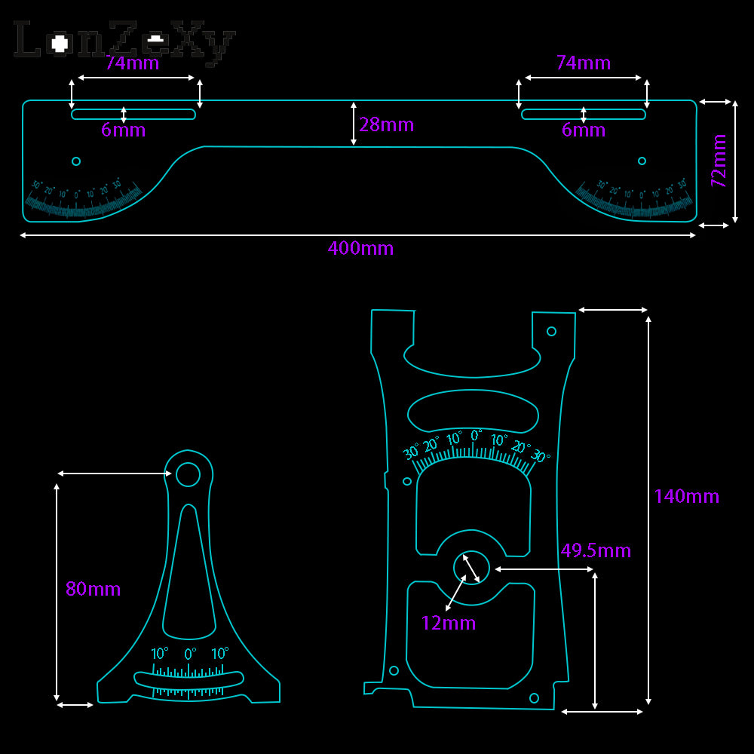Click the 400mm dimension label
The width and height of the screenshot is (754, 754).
click(360, 248)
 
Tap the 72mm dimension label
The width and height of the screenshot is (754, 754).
click(719, 161)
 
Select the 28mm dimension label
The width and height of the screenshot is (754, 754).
click(387, 124)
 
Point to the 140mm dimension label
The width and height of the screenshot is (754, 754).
click(686, 496)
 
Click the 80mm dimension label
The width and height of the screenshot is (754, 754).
click(93, 589)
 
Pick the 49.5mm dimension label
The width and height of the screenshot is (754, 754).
click(596, 550)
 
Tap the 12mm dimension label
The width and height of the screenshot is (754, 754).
click(449, 623)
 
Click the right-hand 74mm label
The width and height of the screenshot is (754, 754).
click(584, 63)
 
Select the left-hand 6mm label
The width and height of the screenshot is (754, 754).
click(123, 130)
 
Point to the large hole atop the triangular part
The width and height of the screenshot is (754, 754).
click(188, 474)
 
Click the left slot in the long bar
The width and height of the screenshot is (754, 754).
click(133, 115)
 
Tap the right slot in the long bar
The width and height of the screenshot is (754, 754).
click(584, 115)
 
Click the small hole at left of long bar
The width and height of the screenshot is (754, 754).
click(75, 161)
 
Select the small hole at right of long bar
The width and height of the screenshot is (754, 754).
click(642, 161)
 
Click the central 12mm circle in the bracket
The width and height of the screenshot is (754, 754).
click(471, 569)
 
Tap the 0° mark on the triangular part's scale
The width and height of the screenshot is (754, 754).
click(190, 653)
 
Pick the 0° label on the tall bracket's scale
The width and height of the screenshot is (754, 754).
click(477, 435)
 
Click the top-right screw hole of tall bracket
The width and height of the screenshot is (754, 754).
click(551, 331)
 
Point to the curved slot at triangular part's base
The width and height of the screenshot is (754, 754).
click(188, 679)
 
